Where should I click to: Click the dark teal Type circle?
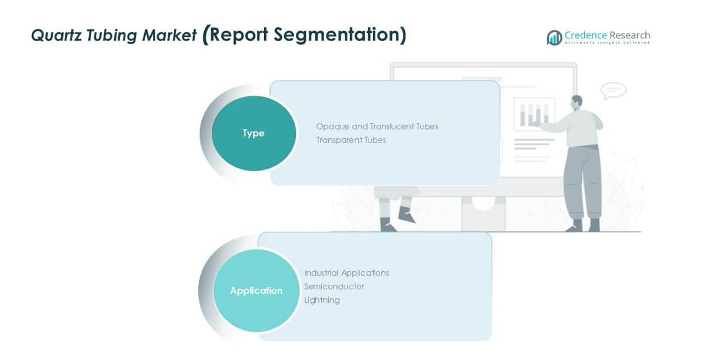pyautogui.click(x=254, y=134)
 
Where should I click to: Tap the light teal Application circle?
pyautogui.click(x=256, y=291)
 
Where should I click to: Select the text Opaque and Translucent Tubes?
pyautogui.click(x=377, y=126)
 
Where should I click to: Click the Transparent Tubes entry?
pyautogui.click(x=351, y=140)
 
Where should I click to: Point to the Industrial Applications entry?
pyautogui.click(x=346, y=273)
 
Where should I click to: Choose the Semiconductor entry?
pyautogui.click(x=334, y=286)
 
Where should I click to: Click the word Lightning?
pyautogui.click(x=322, y=300)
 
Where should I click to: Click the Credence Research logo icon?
pyautogui.click(x=554, y=38)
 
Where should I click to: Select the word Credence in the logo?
pyautogui.click(x=585, y=35)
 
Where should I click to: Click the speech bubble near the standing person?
pyautogui.click(x=614, y=91)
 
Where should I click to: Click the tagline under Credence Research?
pyautogui.click(x=607, y=43)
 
